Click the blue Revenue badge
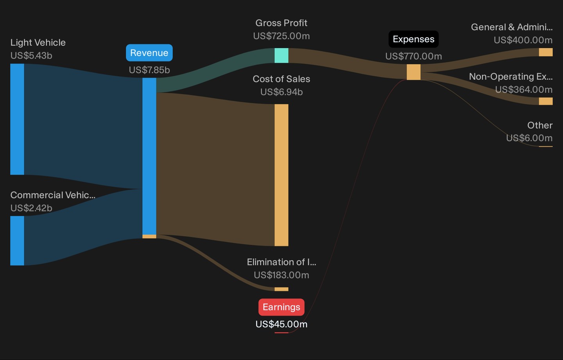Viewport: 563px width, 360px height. click(149, 53)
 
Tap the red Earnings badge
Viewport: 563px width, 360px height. click(281, 307)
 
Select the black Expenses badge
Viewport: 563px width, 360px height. click(414, 39)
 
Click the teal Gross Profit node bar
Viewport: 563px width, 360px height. click(281, 55)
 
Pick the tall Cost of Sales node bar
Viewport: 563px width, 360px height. click(281, 175)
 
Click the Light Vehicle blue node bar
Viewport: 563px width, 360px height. click(17, 119)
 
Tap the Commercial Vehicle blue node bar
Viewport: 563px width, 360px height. click(17, 241)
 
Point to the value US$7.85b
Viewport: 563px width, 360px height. click(149, 70)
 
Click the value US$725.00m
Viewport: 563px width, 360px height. click(281, 36)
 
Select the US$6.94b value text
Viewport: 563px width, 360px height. click(281, 92)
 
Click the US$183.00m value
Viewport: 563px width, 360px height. click(281, 275)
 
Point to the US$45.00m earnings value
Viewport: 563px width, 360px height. click(281, 324)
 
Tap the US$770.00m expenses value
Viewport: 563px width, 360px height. click(414, 56)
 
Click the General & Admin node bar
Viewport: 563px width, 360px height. click(546, 52)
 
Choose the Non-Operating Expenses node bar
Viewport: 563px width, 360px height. click(546, 101)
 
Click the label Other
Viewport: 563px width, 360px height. click(540, 125)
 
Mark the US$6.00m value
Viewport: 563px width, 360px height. click(529, 138)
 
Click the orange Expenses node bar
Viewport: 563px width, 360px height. click(414, 72)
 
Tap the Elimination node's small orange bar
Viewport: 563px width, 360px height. click(281, 289)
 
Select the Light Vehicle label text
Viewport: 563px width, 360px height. click(38, 43)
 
